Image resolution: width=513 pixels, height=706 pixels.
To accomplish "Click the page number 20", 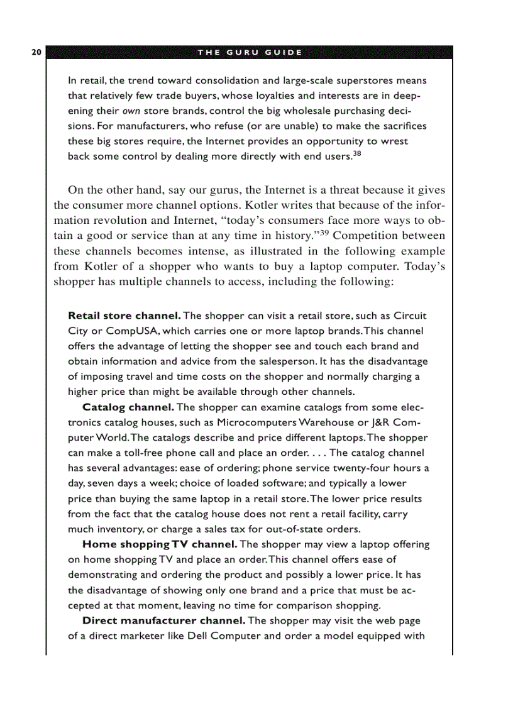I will tap(35, 52).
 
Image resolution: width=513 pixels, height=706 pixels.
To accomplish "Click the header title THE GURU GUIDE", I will tap(250, 52).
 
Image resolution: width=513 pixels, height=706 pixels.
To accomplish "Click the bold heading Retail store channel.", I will tap(124, 316).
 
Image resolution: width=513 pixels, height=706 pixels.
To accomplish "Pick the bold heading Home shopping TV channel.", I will tap(160, 544).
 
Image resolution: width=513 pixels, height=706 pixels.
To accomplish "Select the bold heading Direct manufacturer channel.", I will tap(164, 621).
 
